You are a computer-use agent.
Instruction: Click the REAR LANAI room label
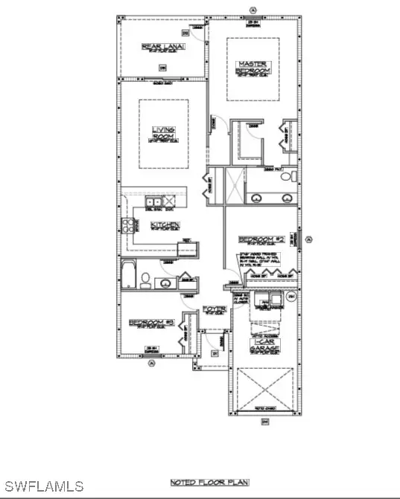[162, 48]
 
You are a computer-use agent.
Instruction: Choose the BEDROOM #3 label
[151, 323]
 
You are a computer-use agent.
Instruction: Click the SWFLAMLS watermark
[42, 487]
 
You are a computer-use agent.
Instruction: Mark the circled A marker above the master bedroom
[254, 8]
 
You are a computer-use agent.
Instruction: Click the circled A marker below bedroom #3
[152, 363]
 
